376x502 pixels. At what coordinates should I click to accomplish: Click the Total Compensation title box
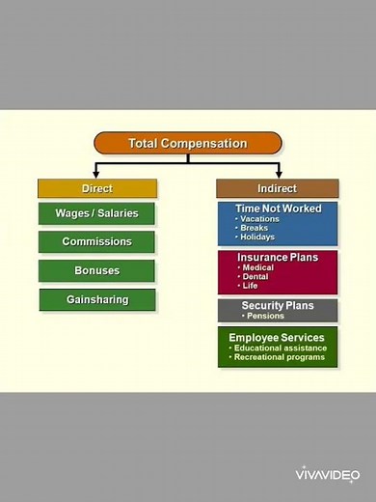188,144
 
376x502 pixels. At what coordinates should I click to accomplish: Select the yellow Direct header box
96,188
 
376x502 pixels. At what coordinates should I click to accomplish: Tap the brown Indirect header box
277,188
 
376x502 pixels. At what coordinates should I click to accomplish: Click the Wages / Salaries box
96,213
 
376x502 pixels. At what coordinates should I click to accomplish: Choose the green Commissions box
96,241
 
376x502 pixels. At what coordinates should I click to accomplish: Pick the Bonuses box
96,270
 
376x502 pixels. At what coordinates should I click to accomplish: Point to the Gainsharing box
96,299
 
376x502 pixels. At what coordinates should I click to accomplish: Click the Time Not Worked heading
278,209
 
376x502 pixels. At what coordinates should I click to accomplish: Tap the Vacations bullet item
258,218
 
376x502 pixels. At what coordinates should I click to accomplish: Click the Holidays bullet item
256,237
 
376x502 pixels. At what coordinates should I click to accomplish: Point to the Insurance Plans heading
278,258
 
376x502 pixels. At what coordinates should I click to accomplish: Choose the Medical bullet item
256,267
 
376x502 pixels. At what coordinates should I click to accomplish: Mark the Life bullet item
250,286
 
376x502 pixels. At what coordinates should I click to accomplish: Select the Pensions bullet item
265,316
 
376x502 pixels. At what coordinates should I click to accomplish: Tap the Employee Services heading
277,337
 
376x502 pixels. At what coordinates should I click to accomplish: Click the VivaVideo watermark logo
327,474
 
